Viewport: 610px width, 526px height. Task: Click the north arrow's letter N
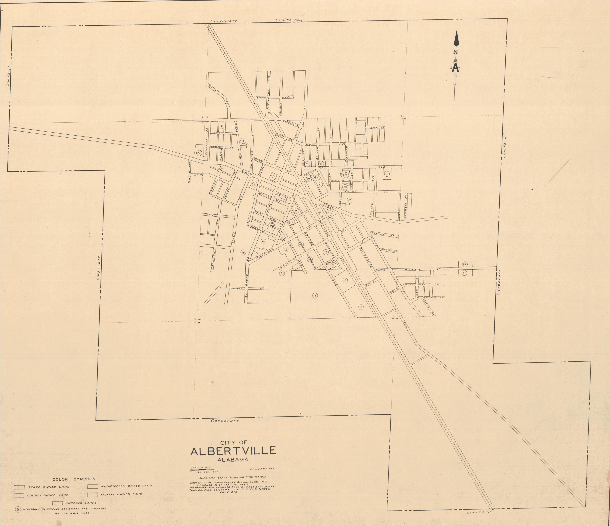pyautogui.click(x=455, y=52)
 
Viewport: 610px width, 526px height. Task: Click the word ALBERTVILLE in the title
pyautogui.click(x=233, y=451)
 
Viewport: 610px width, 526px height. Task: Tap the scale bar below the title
pyautogui.click(x=203, y=469)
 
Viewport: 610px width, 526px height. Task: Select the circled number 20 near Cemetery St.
pyautogui.click(x=199, y=153)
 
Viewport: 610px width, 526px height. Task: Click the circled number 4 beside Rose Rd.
pyautogui.click(x=243, y=141)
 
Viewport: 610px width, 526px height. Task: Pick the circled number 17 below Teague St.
pyautogui.click(x=350, y=201)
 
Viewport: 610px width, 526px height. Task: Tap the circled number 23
pyautogui.click(x=345, y=280)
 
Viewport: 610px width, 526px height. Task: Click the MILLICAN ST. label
pyautogui.click(x=376, y=128)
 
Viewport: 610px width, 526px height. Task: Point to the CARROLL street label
pyautogui.click(x=236, y=289)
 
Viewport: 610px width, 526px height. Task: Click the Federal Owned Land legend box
pyautogui.click(x=93, y=494)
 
